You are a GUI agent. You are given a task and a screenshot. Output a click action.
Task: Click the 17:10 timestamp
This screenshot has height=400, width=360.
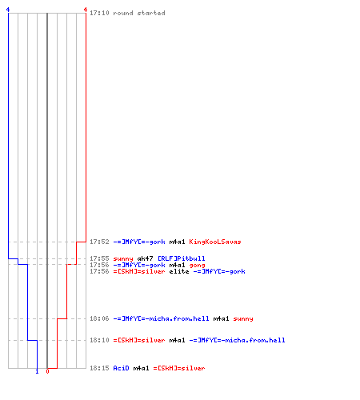[99, 13]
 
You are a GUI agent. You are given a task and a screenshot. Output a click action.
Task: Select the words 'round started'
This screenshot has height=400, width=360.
[139, 13]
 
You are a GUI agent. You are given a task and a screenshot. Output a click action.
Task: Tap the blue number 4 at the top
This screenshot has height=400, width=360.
[8, 10]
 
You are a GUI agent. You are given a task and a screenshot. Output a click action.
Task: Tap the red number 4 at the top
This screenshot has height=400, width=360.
[86, 10]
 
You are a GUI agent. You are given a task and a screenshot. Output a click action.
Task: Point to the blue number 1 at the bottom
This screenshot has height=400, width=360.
[37, 371]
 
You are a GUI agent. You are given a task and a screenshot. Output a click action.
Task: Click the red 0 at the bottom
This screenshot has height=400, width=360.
[47, 371]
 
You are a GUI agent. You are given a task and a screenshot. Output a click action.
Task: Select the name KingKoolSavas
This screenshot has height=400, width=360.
[215, 242]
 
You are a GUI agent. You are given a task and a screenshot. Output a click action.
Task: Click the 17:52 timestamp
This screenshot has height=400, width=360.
[99, 242]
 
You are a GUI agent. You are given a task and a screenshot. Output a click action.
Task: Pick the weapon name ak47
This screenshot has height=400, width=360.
[145, 258]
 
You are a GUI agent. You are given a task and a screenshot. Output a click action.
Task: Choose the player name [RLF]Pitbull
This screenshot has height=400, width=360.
[182, 258]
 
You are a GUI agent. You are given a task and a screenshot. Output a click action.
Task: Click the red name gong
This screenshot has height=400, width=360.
[197, 266]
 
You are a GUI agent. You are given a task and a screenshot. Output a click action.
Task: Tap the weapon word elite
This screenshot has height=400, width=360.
[179, 271]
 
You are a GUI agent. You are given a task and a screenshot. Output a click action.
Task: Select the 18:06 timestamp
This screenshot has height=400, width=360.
[99, 318]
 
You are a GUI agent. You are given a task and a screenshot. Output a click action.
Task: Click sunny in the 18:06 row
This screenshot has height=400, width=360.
[243, 319]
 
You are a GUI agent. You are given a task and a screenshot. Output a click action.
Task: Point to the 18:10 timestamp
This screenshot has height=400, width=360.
[99, 340]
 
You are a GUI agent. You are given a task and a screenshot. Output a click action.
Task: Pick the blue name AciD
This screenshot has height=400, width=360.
[121, 368]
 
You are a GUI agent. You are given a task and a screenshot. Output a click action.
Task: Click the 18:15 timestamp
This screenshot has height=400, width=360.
[99, 368]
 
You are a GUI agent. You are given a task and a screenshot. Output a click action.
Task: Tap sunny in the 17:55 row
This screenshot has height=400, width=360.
[123, 259]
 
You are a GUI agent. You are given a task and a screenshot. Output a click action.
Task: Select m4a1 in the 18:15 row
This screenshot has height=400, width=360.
[141, 368]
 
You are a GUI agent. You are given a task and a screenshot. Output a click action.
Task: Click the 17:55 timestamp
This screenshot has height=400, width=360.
[99, 258]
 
